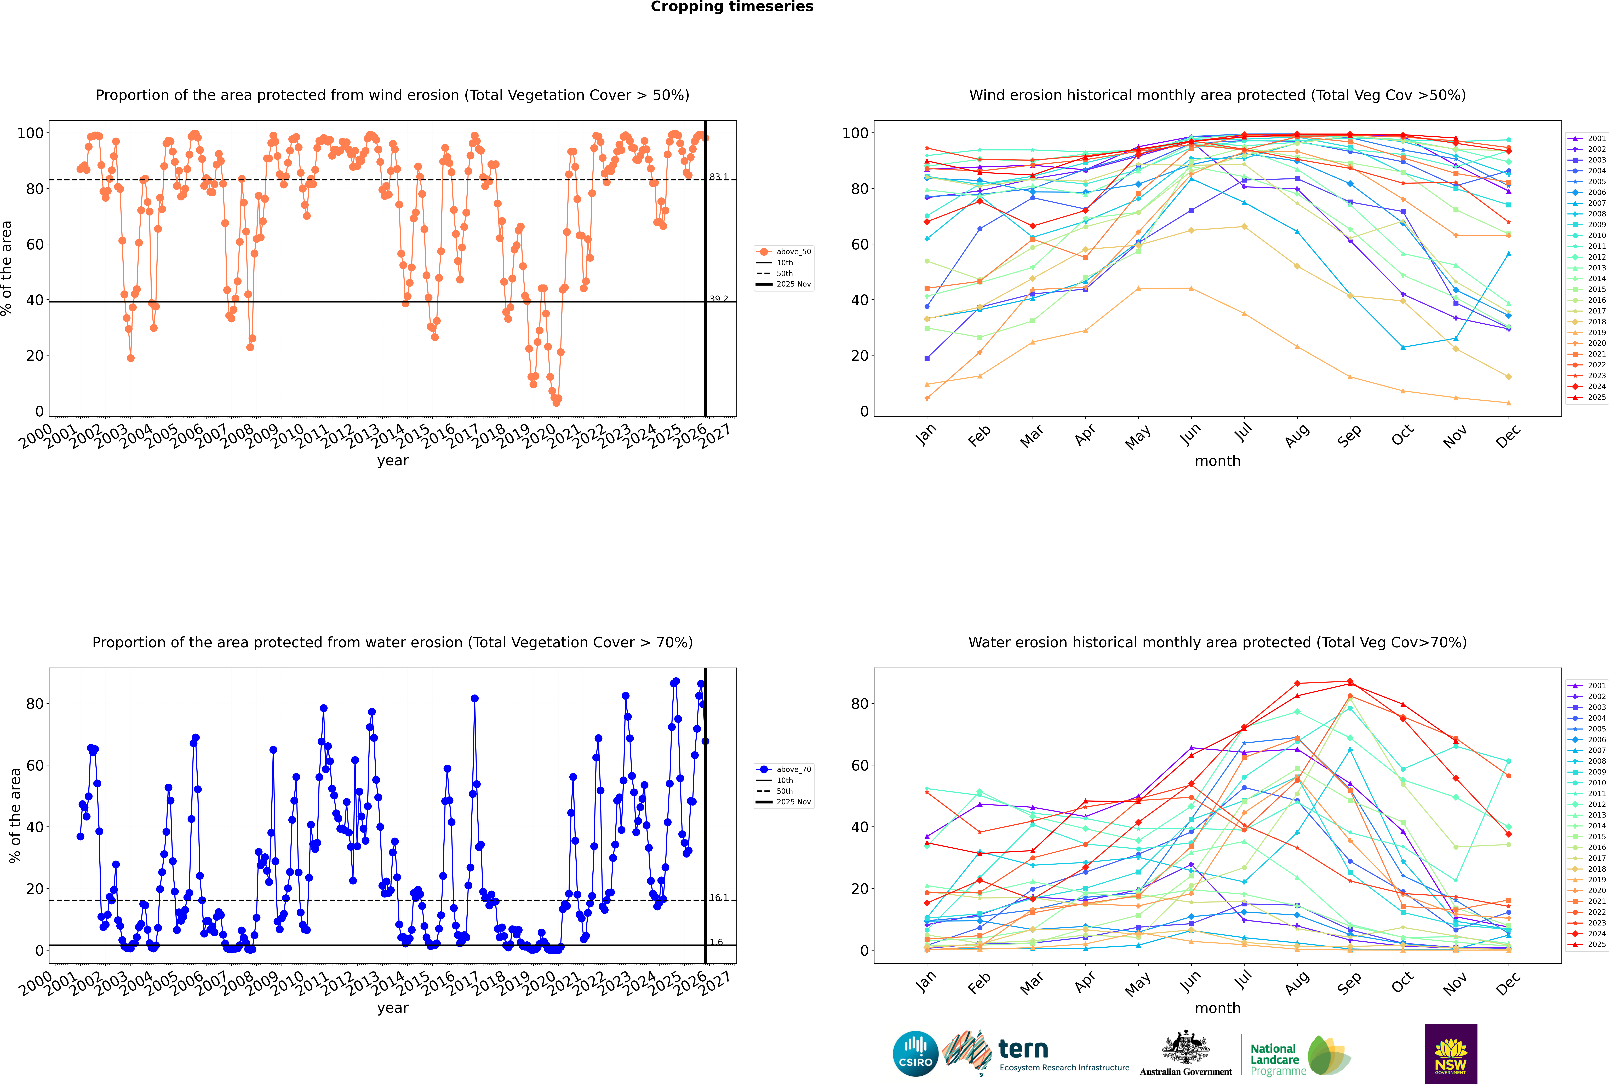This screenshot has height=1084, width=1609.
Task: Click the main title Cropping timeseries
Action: (x=732, y=7)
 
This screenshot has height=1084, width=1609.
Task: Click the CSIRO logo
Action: (x=915, y=1054)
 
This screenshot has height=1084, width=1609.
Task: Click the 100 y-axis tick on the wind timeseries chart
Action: (x=30, y=133)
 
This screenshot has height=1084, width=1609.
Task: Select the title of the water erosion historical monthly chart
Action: (x=1217, y=642)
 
